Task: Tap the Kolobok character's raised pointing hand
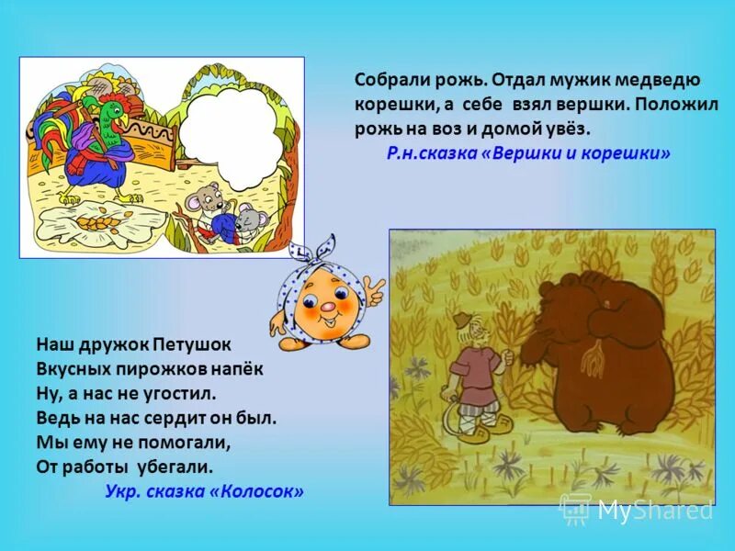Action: (x=374, y=291)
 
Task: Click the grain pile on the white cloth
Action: (x=92, y=223)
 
